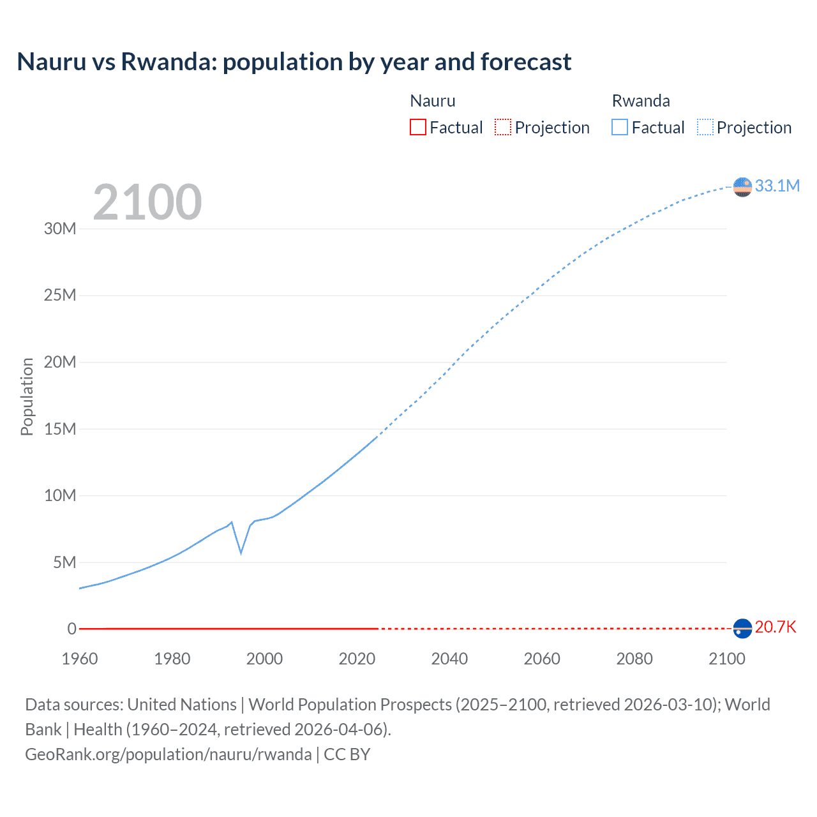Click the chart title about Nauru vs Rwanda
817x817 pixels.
coord(294,62)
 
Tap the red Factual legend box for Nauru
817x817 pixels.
coord(417,127)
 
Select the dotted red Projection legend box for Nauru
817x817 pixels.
coord(503,127)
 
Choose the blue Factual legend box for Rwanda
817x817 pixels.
coord(619,127)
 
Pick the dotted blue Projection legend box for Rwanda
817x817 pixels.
coord(705,127)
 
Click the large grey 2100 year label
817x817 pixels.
coord(147,202)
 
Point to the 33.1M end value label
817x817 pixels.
coord(777,186)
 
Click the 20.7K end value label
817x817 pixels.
coord(776,627)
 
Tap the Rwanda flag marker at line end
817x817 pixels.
coord(742,187)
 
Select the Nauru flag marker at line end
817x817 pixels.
coord(742,629)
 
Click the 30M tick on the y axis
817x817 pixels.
coord(60,229)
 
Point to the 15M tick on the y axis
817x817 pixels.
coord(60,429)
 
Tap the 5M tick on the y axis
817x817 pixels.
coord(64,562)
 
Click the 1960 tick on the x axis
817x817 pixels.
coord(80,659)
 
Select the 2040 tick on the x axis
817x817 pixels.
coord(449,659)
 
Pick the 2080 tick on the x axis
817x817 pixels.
coord(634,659)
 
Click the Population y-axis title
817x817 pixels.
coord(27,396)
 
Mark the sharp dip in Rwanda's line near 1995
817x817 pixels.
coord(241,552)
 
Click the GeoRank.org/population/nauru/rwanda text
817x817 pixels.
coord(169,754)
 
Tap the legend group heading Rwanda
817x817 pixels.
coord(641,101)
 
